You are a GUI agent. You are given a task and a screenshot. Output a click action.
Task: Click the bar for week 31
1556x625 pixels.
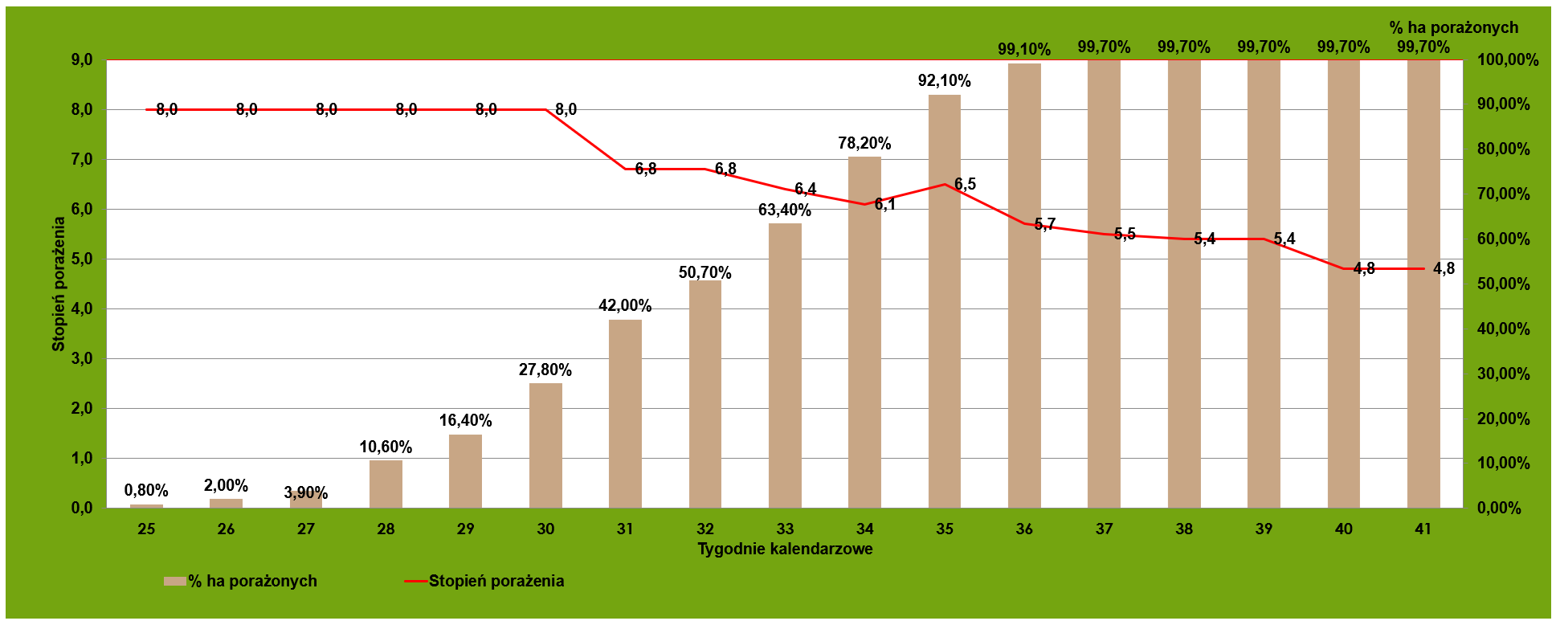[625, 414]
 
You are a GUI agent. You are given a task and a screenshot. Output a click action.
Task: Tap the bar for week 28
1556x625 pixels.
[386, 484]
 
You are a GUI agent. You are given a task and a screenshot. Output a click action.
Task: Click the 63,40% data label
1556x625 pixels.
[784, 210]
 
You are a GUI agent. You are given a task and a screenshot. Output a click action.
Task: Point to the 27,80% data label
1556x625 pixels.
[545, 370]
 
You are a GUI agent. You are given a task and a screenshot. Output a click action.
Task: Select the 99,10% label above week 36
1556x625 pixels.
[1023, 49]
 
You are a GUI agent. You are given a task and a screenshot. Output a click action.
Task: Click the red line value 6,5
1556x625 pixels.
[965, 185]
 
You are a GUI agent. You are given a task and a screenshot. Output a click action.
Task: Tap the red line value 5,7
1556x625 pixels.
[1044, 224]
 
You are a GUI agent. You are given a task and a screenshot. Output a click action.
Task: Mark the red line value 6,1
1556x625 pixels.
[884, 205]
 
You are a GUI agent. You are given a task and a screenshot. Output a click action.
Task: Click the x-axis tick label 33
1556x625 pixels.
[785, 529]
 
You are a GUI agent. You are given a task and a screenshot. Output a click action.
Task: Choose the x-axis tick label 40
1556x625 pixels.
[1343, 529]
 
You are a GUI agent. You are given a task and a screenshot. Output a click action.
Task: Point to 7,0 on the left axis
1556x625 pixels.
[82, 159]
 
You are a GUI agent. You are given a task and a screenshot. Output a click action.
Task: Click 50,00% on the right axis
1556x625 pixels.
[1503, 284]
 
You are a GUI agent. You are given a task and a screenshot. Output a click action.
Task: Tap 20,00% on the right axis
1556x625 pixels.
[1503, 419]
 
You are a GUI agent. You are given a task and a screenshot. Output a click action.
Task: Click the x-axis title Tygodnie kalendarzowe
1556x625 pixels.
[785, 549]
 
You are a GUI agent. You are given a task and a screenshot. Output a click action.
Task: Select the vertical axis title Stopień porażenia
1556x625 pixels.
[59, 284]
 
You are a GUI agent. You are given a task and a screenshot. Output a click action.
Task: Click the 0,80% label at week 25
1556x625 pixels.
[146, 491]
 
